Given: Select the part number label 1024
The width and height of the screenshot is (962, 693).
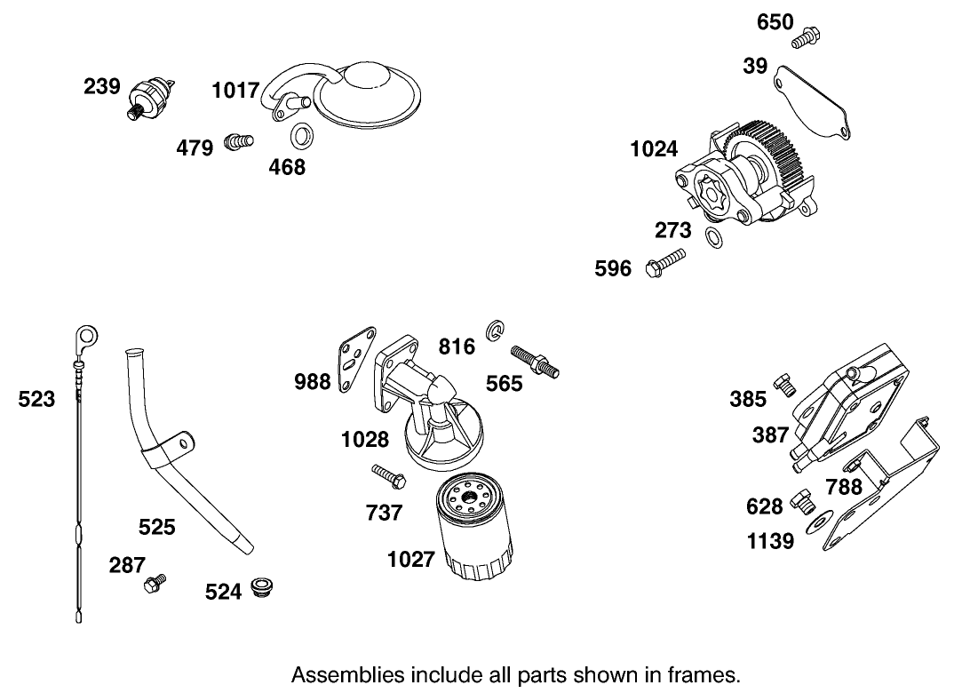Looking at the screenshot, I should click(654, 149).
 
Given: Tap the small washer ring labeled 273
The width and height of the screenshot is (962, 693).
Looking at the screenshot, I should click(712, 236).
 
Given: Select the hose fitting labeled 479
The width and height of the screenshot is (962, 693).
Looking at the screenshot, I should click(237, 141).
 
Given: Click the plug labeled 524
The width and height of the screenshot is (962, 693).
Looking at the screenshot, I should click(261, 587).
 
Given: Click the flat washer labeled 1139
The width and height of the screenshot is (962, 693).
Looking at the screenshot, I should click(817, 522).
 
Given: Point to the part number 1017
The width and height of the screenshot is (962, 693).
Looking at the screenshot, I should click(235, 90).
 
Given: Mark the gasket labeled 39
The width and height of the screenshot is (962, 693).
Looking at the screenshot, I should click(813, 100).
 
